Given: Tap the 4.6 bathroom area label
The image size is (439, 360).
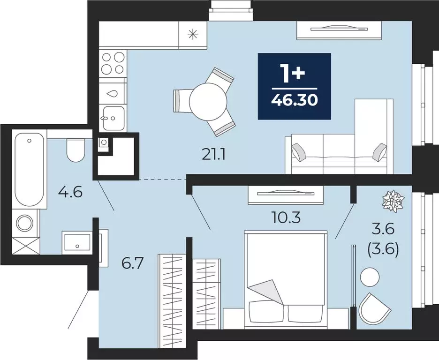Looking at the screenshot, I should (x=70, y=192).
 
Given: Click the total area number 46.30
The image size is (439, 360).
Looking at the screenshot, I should (x=294, y=100).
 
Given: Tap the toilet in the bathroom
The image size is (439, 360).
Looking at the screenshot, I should (x=75, y=150).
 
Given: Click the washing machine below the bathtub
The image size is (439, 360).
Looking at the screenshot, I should (x=25, y=223).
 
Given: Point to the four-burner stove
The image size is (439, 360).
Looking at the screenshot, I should (x=113, y=63).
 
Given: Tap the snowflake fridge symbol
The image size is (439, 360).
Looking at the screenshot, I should (x=192, y=34).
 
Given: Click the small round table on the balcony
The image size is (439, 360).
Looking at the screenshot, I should (x=370, y=277).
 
